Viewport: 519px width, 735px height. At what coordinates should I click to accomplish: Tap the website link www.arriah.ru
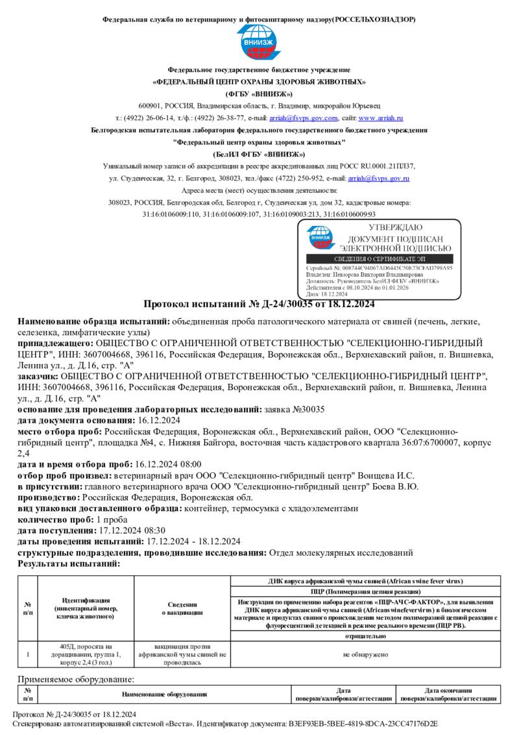coord(381,118)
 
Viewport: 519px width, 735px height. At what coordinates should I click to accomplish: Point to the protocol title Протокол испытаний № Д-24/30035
coord(259,305)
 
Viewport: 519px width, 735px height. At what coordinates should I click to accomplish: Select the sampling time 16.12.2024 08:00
coord(168,464)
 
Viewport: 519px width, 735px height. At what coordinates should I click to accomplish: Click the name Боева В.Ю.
coord(396,486)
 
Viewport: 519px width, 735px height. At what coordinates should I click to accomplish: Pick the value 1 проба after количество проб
coord(112,519)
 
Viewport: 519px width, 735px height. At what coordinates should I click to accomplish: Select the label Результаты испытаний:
coord(69,564)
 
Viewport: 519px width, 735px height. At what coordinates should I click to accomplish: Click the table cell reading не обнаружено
coord(365,655)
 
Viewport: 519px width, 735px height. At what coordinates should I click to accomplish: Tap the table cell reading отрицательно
coord(365,636)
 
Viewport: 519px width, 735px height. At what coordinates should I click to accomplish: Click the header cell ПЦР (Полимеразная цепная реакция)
coord(365,592)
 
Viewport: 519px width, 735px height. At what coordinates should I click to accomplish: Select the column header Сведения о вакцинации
coord(182,608)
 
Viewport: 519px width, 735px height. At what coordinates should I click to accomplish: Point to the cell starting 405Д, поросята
coord(86,655)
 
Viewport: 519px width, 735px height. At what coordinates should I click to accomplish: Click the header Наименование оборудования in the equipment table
coord(163,695)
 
